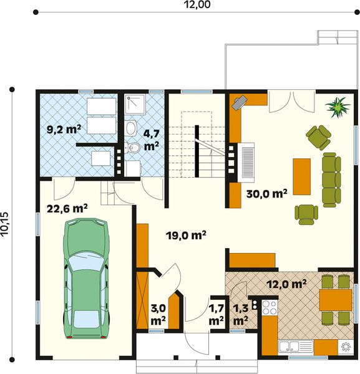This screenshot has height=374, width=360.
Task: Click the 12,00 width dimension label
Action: [x=197, y=4]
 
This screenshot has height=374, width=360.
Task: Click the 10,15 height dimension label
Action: [x=4, y=224]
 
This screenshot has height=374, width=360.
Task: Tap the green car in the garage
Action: [x=86, y=278]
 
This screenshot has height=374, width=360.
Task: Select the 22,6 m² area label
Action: [x=67, y=208]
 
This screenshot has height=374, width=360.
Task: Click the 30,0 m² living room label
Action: [x=266, y=193]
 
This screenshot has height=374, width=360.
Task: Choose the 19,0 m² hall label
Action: [x=186, y=235]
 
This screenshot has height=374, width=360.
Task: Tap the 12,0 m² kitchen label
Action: [x=286, y=284]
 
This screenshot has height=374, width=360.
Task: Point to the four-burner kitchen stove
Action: [x=270, y=307]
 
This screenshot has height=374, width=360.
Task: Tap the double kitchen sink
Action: [x=296, y=347]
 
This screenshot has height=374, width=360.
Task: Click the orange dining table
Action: [x=336, y=300]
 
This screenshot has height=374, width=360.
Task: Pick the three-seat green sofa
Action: [x=331, y=180]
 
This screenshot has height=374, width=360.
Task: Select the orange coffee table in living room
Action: [x=302, y=176]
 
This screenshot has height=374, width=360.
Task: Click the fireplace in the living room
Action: [x=246, y=163]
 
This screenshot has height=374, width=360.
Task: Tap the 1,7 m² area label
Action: [x=216, y=315]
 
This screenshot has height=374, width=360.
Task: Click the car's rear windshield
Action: [x=86, y=319]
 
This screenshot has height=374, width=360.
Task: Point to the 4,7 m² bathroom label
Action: [x=152, y=140]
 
